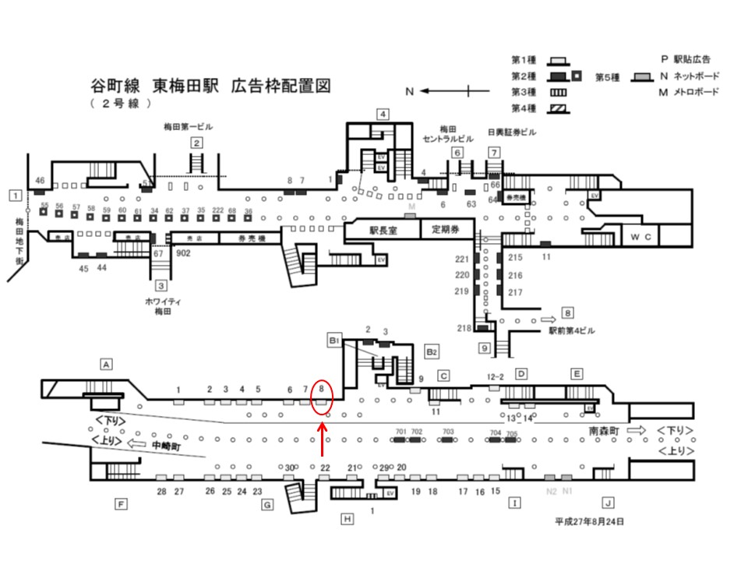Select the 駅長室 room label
383,230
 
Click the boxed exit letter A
108,363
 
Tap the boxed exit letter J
608,503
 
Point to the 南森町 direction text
603,429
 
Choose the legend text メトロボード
693,91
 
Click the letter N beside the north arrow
409,91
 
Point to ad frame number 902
184,253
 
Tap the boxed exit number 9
484,348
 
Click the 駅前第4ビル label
571,331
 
